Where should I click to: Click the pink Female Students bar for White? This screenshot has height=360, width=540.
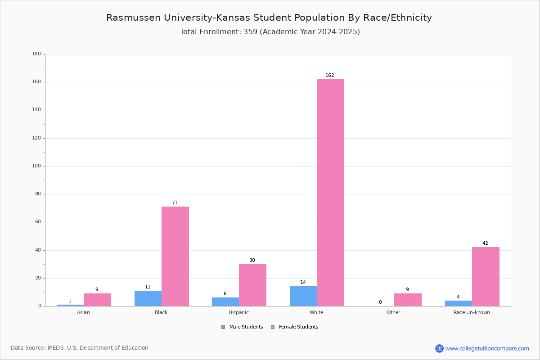[330, 193]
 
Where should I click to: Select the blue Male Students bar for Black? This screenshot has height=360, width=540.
[148, 298]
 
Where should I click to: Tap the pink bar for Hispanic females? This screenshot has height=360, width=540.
[252, 285]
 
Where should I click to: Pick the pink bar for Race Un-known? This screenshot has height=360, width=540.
[486, 277]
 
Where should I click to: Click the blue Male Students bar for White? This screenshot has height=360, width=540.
[303, 297]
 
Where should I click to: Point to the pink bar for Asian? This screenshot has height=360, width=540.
[97, 300]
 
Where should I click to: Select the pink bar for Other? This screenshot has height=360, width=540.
[408, 300]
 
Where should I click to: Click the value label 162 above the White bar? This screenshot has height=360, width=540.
[330, 75]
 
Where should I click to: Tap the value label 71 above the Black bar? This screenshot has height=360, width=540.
[175, 202]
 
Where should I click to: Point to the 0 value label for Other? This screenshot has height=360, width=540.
[380, 302]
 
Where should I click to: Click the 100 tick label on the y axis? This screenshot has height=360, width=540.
[36, 166]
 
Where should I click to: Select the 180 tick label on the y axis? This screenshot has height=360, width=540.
[36, 54]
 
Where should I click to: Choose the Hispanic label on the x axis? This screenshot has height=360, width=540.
[238, 312]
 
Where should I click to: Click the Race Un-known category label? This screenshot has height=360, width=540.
[472, 312]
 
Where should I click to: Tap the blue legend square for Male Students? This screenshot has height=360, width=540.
[223, 327]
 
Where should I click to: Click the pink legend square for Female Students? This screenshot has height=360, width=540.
[273, 327]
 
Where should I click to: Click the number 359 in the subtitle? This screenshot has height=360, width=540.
[251, 32]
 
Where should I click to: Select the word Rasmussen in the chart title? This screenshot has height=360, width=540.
[133, 18]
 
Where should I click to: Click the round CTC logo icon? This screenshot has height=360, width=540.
[439, 348]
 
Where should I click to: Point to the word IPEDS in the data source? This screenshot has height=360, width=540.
[56, 348]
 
